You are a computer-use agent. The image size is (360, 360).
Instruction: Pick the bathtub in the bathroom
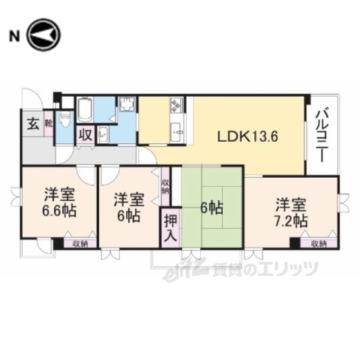click(x=85, y=112)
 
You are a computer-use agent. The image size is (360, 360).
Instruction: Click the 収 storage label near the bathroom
click(x=85, y=135)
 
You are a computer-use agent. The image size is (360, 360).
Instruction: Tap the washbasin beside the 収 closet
click(x=103, y=134)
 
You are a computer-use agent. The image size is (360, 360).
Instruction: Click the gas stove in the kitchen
click(x=177, y=106)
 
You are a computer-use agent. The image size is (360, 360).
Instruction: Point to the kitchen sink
click(x=178, y=133)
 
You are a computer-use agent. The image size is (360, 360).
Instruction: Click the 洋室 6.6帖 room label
click(x=58, y=200)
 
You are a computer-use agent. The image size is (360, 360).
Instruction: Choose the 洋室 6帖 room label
click(x=129, y=206)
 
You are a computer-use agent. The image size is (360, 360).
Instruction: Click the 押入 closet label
click(x=171, y=228)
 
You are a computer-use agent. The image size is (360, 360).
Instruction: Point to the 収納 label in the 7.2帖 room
click(x=318, y=243)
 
